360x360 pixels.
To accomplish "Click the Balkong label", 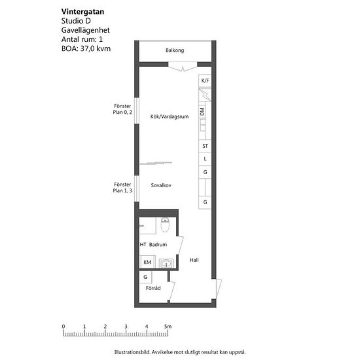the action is (x=175, y=50).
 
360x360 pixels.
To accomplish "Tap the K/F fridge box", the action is (x=205, y=81).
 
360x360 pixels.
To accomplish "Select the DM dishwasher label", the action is (x=202, y=112).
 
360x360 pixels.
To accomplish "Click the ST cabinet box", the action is (x=205, y=146).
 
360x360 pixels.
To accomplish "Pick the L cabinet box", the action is (x=205, y=159).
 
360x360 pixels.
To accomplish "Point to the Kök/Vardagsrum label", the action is (x=170, y=117).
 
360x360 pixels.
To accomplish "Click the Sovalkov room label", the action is (x=161, y=185).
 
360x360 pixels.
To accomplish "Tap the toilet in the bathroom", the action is (x=165, y=225).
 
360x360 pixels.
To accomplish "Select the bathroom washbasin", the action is (x=166, y=263).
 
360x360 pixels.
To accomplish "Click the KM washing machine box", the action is (x=147, y=262).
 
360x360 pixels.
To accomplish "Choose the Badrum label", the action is (x=158, y=245).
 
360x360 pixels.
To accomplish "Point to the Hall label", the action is (x=194, y=260).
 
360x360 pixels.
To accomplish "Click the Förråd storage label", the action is (x=153, y=288).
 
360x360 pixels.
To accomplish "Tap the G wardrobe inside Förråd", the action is (x=145, y=277).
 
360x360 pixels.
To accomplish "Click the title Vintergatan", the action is (x=82, y=12).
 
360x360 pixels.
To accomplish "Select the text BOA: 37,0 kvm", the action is (x=86, y=48).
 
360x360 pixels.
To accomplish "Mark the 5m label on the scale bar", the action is (x=168, y=326).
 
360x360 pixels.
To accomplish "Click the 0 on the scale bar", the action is (x=63, y=326).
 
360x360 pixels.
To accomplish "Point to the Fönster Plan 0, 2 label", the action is (x=122, y=109).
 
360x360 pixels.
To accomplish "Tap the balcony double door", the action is (x=183, y=67).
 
